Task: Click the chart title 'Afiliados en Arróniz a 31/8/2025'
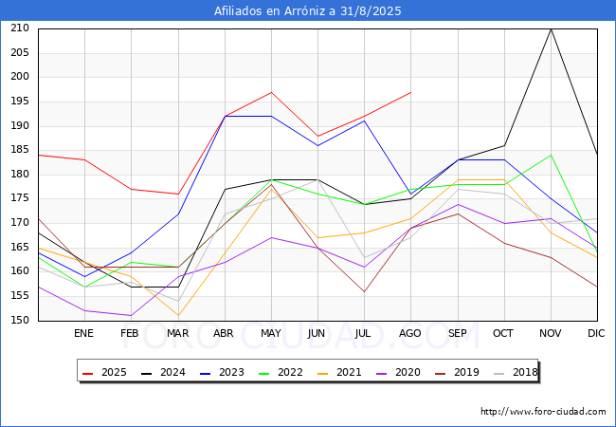[x=308, y=11]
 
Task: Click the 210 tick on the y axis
[x=21, y=28]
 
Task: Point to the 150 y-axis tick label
[x=21, y=321]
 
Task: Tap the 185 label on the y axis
[x=21, y=150]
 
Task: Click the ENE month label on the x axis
[x=84, y=333]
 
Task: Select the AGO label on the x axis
[x=410, y=333]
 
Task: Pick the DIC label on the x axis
[x=596, y=333]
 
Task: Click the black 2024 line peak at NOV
[x=551, y=28]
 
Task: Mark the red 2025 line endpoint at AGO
[x=410, y=92]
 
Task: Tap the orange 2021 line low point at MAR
[x=178, y=316]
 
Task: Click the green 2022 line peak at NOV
[x=551, y=155]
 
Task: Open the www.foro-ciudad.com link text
[x=543, y=412]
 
